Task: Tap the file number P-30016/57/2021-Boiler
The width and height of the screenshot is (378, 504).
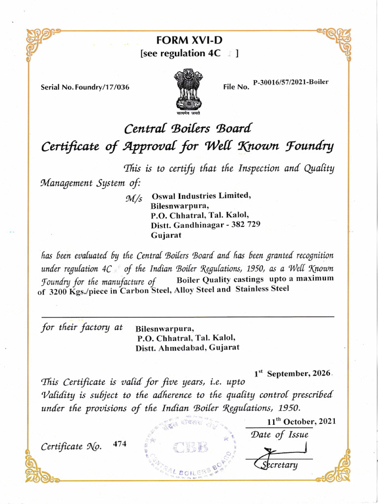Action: (290, 82)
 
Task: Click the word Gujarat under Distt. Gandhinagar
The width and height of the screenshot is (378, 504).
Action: (166, 235)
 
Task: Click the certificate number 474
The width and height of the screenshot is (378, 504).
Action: (120, 443)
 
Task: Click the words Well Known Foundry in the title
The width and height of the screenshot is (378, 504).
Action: (266, 146)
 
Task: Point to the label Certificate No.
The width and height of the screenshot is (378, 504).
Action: (71, 447)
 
